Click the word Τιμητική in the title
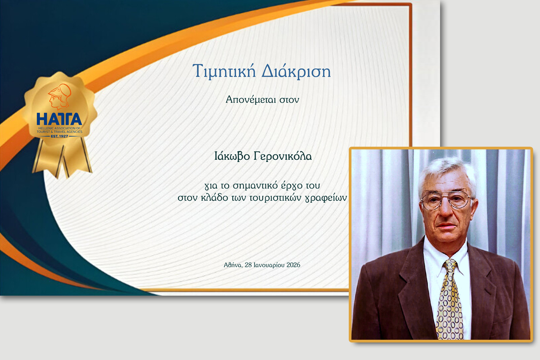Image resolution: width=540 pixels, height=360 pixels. [224, 72]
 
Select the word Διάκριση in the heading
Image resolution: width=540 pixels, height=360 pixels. [296, 72]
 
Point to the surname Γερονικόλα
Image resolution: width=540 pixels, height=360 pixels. [283, 157]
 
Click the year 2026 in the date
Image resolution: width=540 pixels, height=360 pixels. [293, 265]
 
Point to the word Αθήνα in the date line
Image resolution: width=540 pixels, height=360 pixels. [233, 265]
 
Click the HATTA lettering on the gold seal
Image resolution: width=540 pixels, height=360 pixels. [59, 119]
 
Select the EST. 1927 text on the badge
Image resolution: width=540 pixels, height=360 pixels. [59, 136]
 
